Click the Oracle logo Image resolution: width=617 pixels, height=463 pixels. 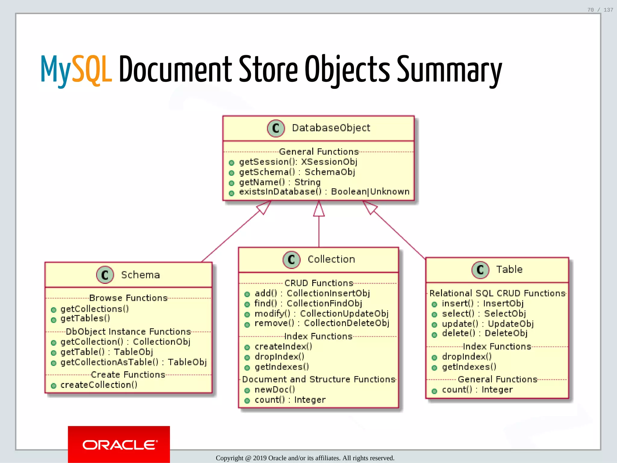click(119, 445)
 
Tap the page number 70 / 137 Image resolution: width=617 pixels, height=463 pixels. click(600, 10)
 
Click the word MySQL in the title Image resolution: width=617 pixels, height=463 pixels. click(76, 70)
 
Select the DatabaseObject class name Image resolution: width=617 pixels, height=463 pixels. click(331, 128)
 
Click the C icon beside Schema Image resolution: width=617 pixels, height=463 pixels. click(105, 275)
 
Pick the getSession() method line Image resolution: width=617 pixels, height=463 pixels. click(298, 162)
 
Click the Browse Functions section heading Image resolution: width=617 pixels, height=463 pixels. click(128, 298)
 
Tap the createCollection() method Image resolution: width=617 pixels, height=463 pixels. click(99, 385)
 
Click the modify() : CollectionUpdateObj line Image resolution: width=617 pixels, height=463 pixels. click(321, 313)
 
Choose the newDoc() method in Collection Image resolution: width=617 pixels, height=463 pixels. click(274, 389)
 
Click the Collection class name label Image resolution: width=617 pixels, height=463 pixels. click(331, 259)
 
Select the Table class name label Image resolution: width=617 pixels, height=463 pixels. click(509, 269)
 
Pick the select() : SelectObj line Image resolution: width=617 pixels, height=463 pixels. click(484, 313)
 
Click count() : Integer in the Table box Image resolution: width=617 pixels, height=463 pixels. click(477, 389)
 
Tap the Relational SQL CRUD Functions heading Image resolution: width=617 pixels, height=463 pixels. click(497, 293)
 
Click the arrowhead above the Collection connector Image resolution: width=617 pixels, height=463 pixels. click(319, 209)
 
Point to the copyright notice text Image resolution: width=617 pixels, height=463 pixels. click(305, 458)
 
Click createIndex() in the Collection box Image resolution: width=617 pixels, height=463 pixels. click(283, 347)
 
